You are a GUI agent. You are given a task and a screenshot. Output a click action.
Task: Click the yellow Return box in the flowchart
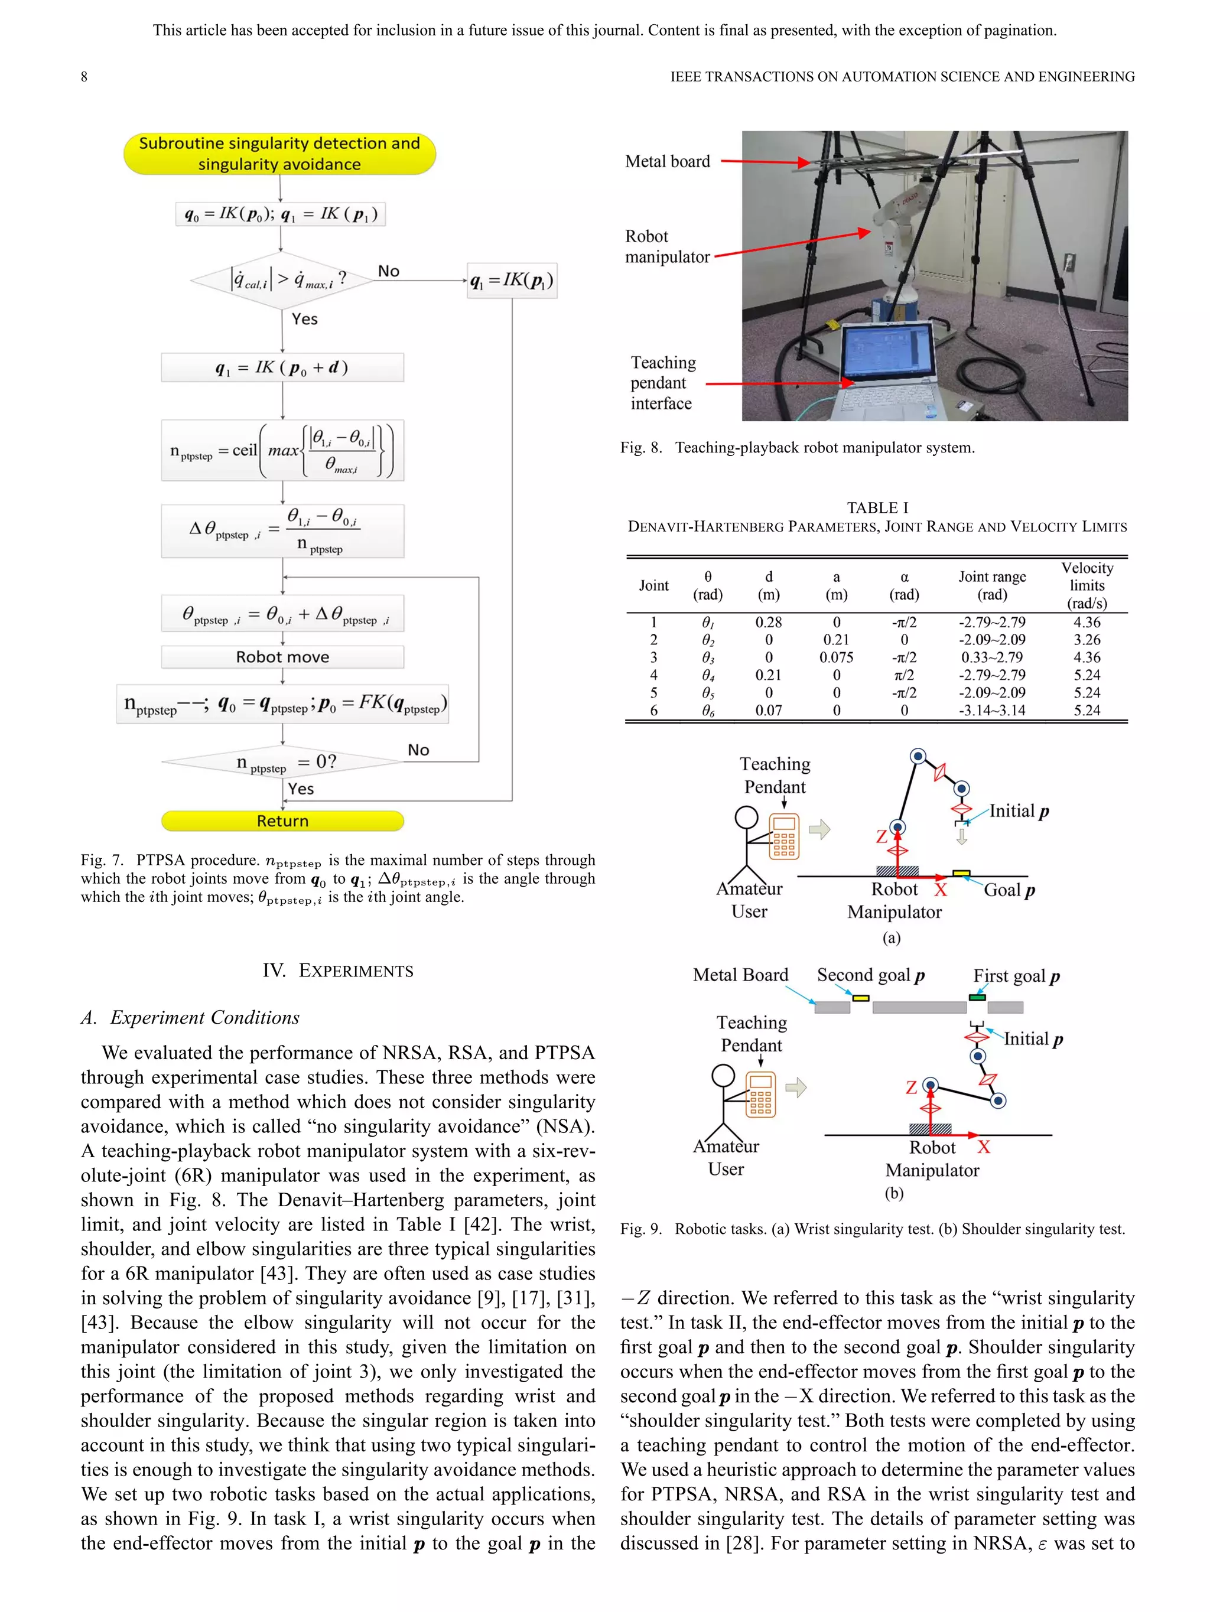coord(282,820)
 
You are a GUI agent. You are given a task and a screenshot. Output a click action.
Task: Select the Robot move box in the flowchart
coord(282,657)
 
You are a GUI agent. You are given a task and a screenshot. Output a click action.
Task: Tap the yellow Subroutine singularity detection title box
coord(279,154)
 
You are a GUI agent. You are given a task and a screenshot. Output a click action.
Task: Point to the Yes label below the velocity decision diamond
coord(305,319)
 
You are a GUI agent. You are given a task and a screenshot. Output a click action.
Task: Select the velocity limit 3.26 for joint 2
coord(1086,640)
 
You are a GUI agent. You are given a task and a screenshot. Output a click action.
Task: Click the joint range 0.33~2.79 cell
coord(991,657)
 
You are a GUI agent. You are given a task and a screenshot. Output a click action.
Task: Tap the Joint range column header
coord(991,585)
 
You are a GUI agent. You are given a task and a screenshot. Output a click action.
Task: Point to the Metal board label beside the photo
coord(667,162)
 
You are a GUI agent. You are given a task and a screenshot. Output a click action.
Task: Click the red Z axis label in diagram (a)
coord(882,836)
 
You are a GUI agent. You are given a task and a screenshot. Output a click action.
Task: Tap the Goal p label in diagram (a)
coord(1009,890)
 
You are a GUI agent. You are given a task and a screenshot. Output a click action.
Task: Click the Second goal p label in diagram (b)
coord(870,975)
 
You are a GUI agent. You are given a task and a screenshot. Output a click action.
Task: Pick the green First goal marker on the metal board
coord(977,997)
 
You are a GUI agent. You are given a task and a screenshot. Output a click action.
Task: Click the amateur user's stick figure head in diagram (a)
coord(746,817)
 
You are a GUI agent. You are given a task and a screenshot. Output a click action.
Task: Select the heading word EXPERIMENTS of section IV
coord(356,971)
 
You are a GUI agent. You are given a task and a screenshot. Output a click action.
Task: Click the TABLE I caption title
coord(877,507)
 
